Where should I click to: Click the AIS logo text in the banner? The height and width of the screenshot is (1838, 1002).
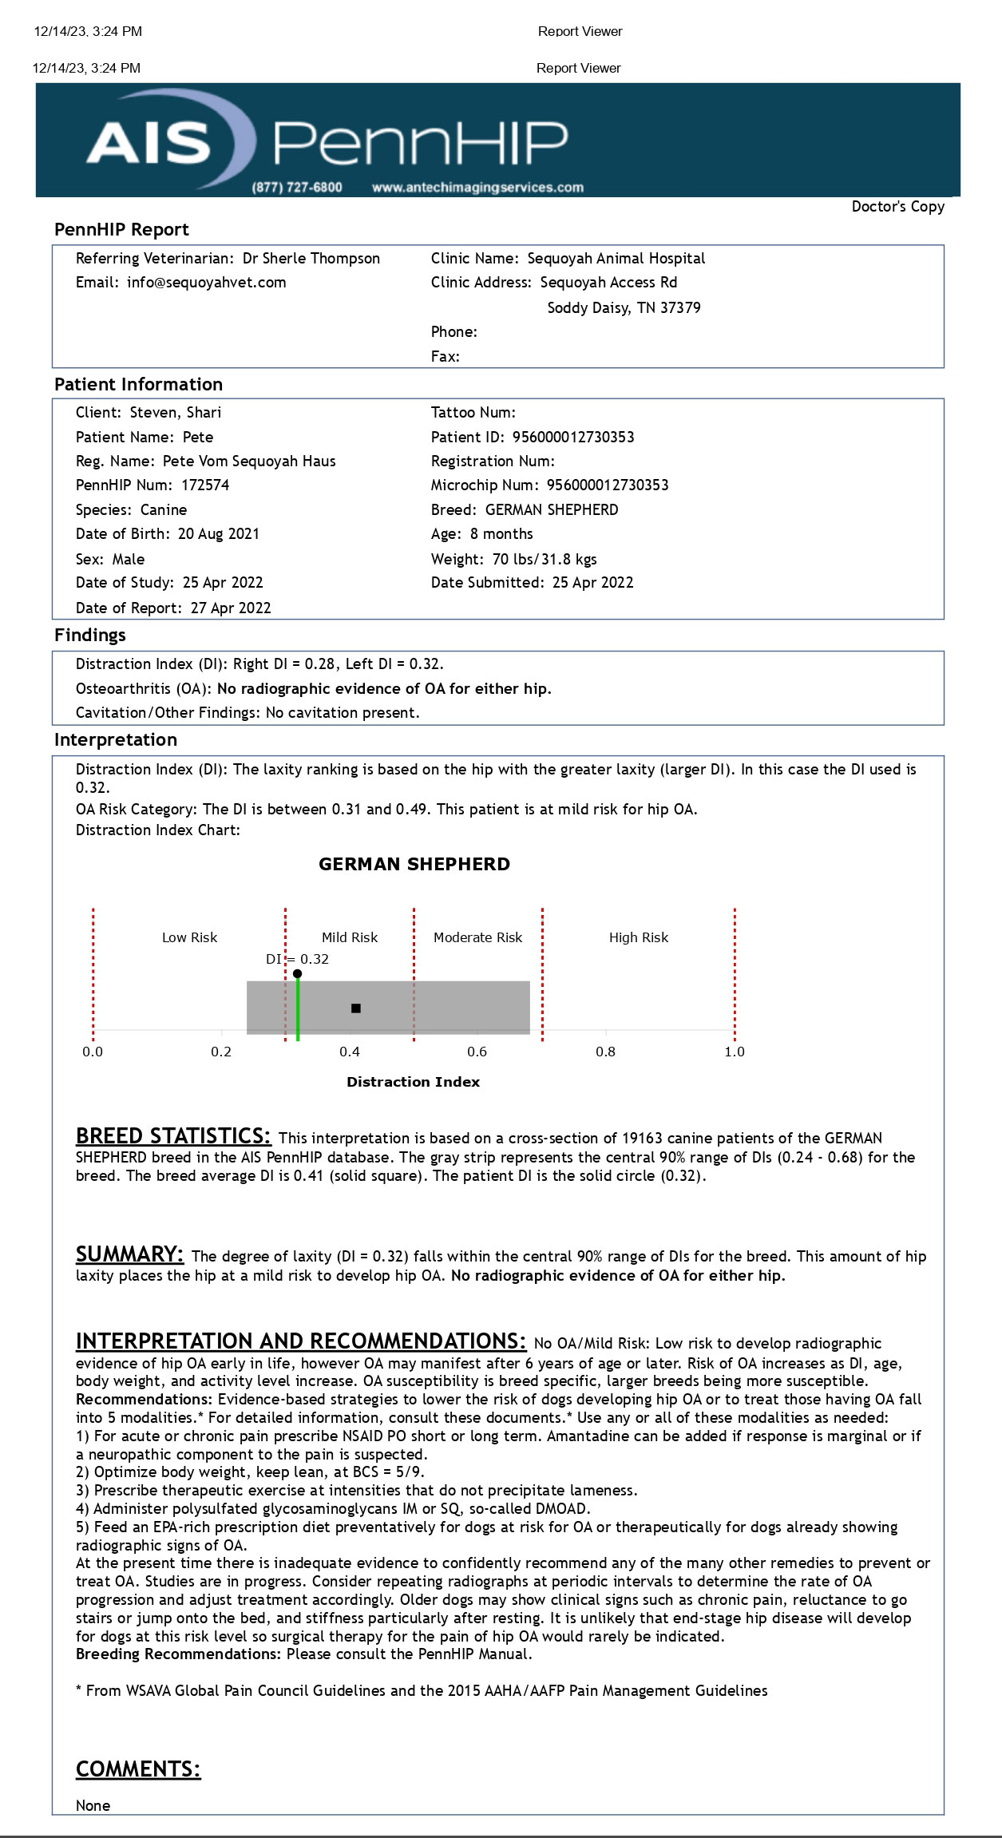(x=149, y=143)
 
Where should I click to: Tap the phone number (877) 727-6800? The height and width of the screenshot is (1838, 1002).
(x=297, y=188)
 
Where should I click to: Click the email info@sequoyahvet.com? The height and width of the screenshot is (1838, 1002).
(x=206, y=283)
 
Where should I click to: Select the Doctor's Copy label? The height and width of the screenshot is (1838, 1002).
(x=897, y=207)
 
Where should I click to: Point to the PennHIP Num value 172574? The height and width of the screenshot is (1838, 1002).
(x=205, y=485)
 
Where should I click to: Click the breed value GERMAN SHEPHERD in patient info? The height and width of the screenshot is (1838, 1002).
(x=552, y=510)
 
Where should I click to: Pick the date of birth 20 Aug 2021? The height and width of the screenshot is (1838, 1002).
(x=219, y=534)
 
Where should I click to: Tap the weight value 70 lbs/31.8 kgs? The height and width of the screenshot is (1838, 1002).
(x=545, y=559)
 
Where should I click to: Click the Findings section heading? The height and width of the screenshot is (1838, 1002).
(x=90, y=636)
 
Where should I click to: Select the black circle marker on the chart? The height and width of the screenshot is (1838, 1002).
(x=297, y=973)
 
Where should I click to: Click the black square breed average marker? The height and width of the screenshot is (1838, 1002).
(x=356, y=1008)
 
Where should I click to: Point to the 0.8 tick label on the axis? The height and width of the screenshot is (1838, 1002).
(x=605, y=1052)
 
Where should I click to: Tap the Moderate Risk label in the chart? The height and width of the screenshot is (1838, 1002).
(x=477, y=937)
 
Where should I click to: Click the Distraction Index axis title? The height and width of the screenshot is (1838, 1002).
(x=413, y=1082)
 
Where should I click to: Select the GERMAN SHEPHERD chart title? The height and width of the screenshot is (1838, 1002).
(x=414, y=864)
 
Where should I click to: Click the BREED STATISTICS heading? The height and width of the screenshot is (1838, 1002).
(x=173, y=1135)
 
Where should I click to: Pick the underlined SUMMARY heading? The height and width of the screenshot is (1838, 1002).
(x=129, y=1254)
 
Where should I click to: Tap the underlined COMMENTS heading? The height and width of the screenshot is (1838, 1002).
(x=138, y=1769)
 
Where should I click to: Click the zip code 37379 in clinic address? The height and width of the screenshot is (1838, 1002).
(x=679, y=308)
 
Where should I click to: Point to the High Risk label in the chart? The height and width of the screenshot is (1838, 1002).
(x=638, y=937)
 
